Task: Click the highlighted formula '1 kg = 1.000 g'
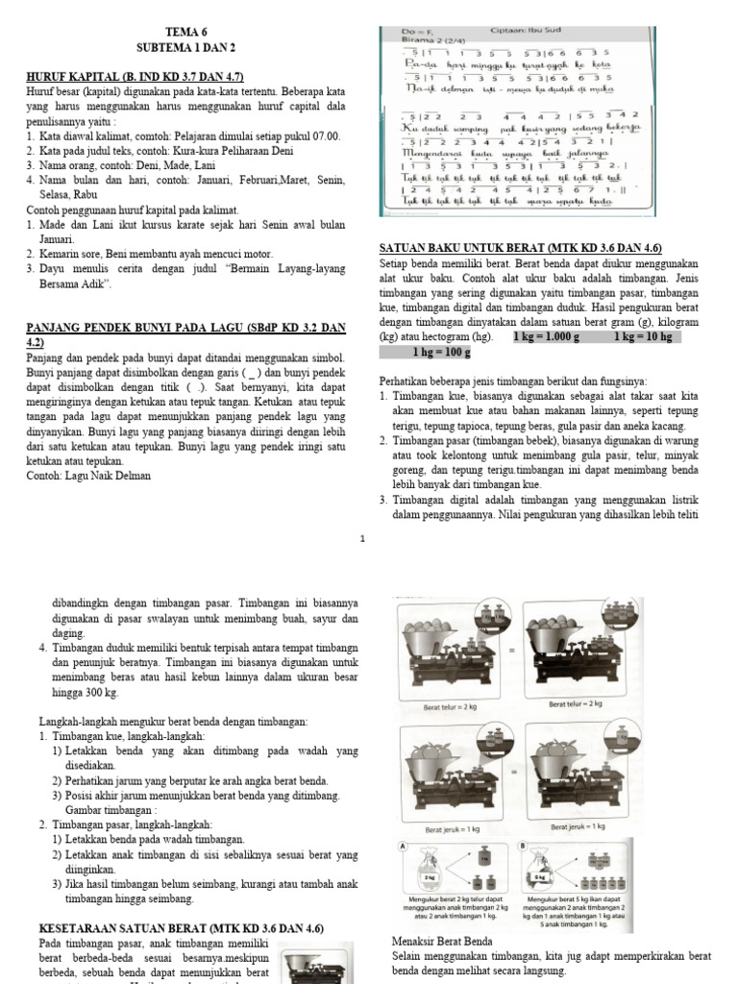547,338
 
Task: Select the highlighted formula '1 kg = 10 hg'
646,338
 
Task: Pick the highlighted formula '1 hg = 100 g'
438,354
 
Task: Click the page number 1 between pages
362,540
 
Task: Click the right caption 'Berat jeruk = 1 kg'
578,825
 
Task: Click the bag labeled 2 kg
425,876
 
